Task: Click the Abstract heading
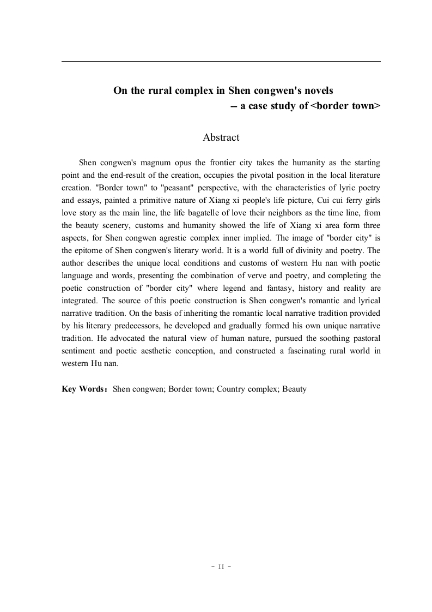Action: coord(221,137)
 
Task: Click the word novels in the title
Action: coord(316,90)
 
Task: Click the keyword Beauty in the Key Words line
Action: coord(295,389)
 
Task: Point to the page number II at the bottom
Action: coord(221,567)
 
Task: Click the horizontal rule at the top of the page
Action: coord(221,62)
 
